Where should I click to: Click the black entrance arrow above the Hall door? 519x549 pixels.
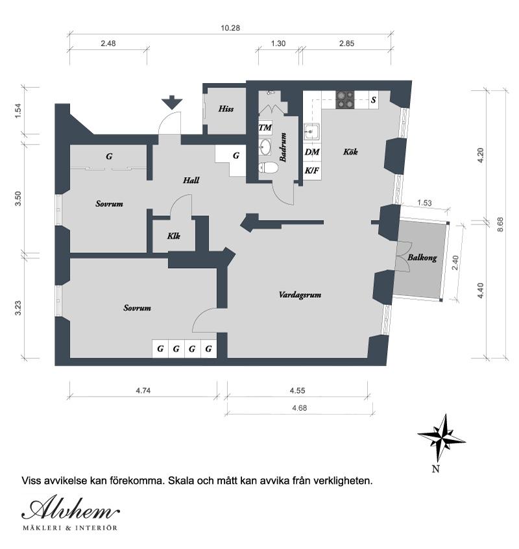(172, 102)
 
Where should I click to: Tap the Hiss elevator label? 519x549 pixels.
(226, 109)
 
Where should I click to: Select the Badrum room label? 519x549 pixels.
(284, 147)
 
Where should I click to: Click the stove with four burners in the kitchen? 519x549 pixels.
(344, 99)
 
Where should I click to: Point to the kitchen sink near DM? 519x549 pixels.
(312, 132)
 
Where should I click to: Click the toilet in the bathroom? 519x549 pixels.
(269, 168)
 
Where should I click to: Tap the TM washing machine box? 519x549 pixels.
(265, 127)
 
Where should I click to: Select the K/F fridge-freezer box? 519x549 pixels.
(312, 171)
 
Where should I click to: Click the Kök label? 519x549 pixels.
(350, 152)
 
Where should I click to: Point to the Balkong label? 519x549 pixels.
(422, 258)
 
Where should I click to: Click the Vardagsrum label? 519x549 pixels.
(300, 294)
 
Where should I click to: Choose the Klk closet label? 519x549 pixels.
(173, 236)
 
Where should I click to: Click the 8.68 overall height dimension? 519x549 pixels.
(500, 224)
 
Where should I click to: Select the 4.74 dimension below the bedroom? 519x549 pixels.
(144, 390)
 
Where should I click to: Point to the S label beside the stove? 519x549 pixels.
(373, 100)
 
